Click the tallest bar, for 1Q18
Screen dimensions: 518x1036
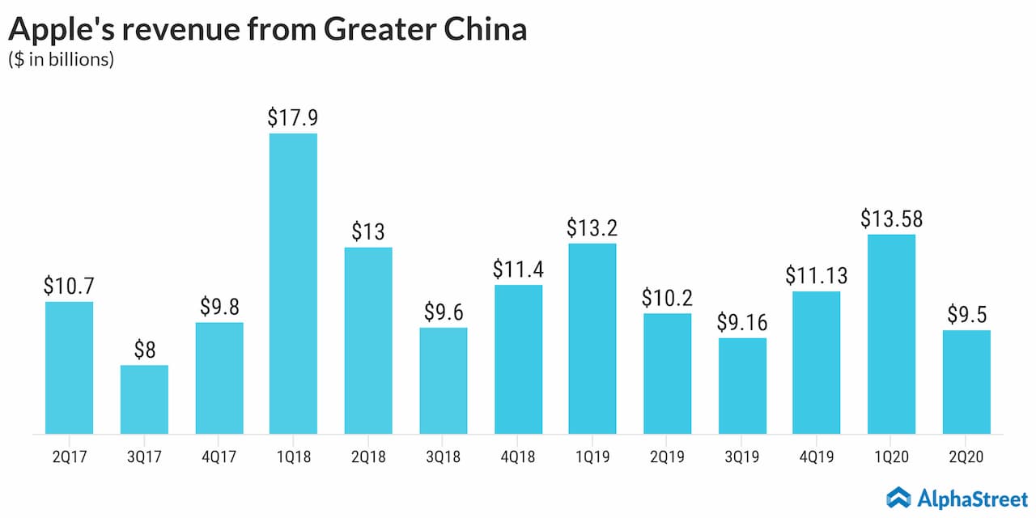[293, 283]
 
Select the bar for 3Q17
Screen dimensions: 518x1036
[144, 399]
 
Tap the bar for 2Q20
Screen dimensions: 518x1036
[966, 381]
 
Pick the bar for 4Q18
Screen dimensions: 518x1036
[518, 359]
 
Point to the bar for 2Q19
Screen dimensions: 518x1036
[668, 373]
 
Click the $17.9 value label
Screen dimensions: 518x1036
[293, 117]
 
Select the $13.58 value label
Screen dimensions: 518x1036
[891, 219]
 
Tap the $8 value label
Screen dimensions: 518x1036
[144, 350]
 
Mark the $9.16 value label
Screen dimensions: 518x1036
[742, 322]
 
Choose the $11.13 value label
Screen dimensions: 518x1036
[817, 275]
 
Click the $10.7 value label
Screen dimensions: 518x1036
[70, 286]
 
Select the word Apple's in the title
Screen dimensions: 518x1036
[60, 29]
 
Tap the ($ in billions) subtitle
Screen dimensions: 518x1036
[61, 61]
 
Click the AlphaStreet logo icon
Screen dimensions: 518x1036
[899, 496]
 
